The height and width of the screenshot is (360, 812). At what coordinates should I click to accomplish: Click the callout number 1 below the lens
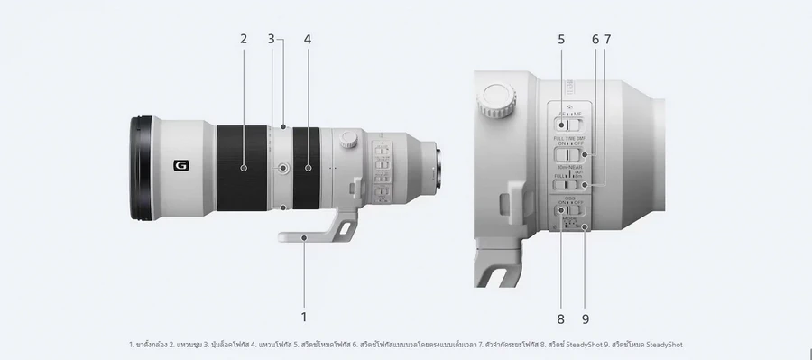(304, 317)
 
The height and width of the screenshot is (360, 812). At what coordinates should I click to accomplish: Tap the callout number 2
(244, 39)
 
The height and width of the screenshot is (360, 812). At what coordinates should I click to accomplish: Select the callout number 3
(271, 39)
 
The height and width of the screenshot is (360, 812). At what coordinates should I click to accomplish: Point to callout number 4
(308, 39)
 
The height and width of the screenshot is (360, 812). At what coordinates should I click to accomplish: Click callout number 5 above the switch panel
(560, 39)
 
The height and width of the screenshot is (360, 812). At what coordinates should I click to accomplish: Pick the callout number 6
(595, 39)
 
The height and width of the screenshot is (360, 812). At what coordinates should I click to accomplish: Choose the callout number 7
(607, 39)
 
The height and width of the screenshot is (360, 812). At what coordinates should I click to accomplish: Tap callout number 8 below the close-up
(560, 318)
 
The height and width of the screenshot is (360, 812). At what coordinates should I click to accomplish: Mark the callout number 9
(586, 318)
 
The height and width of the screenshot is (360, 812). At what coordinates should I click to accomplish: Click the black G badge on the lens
(180, 165)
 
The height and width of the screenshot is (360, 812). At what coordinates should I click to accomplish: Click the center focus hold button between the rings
(283, 167)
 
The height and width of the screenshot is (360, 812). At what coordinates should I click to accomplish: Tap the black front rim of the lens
(140, 168)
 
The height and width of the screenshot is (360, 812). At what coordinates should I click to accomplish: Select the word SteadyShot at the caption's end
(670, 344)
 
